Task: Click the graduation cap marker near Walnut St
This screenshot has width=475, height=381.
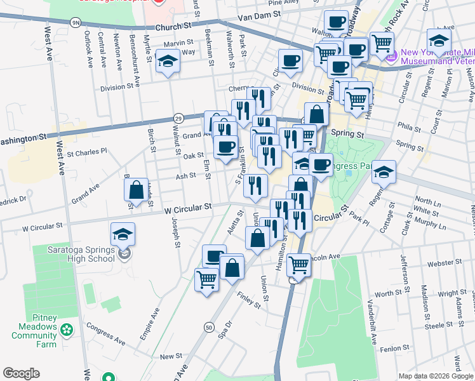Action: tap(168, 62)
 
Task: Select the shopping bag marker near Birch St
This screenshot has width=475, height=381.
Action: tap(136, 189)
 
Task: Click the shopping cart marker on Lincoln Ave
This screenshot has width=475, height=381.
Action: tap(298, 265)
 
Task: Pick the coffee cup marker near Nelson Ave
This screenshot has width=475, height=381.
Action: tap(439, 40)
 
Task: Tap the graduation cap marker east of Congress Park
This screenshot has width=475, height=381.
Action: tap(384, 171)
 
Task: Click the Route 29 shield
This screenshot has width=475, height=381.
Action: tap(178, 118)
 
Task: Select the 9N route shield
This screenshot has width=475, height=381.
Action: tap(76, 23)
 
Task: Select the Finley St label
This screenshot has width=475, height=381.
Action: tap(249, 300)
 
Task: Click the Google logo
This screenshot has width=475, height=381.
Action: tap(21, 373)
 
